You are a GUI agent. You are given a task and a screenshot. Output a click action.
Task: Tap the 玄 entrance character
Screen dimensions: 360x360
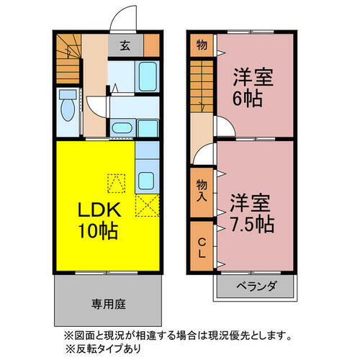click(125, 45)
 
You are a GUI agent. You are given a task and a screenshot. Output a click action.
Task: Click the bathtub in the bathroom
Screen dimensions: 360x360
click(148, 75)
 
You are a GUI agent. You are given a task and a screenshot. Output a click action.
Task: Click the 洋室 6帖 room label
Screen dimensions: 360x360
click(251, 87)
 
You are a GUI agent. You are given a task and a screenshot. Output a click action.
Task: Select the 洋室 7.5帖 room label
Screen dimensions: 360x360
click(251, 212)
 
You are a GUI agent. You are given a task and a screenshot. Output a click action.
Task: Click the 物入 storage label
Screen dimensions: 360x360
click(202, 191)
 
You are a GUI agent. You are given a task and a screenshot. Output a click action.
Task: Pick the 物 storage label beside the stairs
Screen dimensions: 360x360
click(202, 45)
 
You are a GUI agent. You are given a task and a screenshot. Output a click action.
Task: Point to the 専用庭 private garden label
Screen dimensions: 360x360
click(108, 304)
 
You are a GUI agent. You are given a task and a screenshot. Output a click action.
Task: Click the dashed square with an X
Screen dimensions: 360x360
click(148, 207)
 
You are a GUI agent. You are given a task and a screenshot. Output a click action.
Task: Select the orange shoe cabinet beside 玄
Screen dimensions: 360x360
click(151, 45)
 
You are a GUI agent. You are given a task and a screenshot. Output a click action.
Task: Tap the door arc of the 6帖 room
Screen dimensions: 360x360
click(224, 127)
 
